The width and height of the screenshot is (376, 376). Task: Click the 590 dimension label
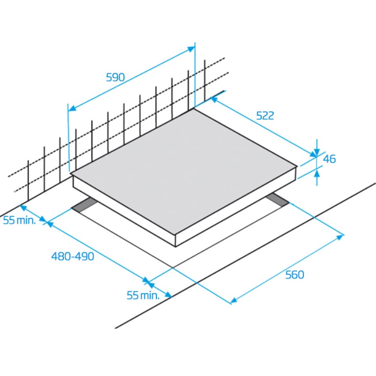[x=115, y=77]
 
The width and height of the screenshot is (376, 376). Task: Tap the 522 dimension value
[x=265, y=116]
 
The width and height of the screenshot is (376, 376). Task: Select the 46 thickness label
[x=329, y=159]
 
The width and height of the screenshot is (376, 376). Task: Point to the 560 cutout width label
[x=295, y=274]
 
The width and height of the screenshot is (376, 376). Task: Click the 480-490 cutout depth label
[x=73, y=256]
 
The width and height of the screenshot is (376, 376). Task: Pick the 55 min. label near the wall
[x=19, y=220]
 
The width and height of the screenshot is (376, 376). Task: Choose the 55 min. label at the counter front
[x=143, y=295]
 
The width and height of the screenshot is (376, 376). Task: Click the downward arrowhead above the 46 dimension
[x=317, y=152]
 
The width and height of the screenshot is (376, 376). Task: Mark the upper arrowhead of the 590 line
[x=191, y=49]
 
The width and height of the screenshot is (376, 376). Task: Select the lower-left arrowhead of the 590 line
[x=72, y=109]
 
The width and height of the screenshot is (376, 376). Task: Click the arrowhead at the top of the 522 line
[x=214, y=99]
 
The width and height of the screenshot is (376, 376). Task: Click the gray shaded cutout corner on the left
[x=85, y=205]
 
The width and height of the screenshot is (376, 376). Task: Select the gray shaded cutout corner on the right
[x=277, y=200]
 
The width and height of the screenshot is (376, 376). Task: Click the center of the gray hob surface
[x=184, y=172]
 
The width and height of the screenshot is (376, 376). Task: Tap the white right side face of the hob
[x=236, y=207]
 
